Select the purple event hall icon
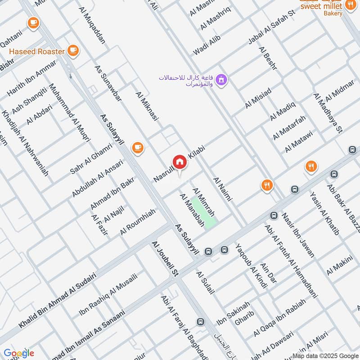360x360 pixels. tap(221, 81)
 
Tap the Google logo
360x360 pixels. tap(19, 353)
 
